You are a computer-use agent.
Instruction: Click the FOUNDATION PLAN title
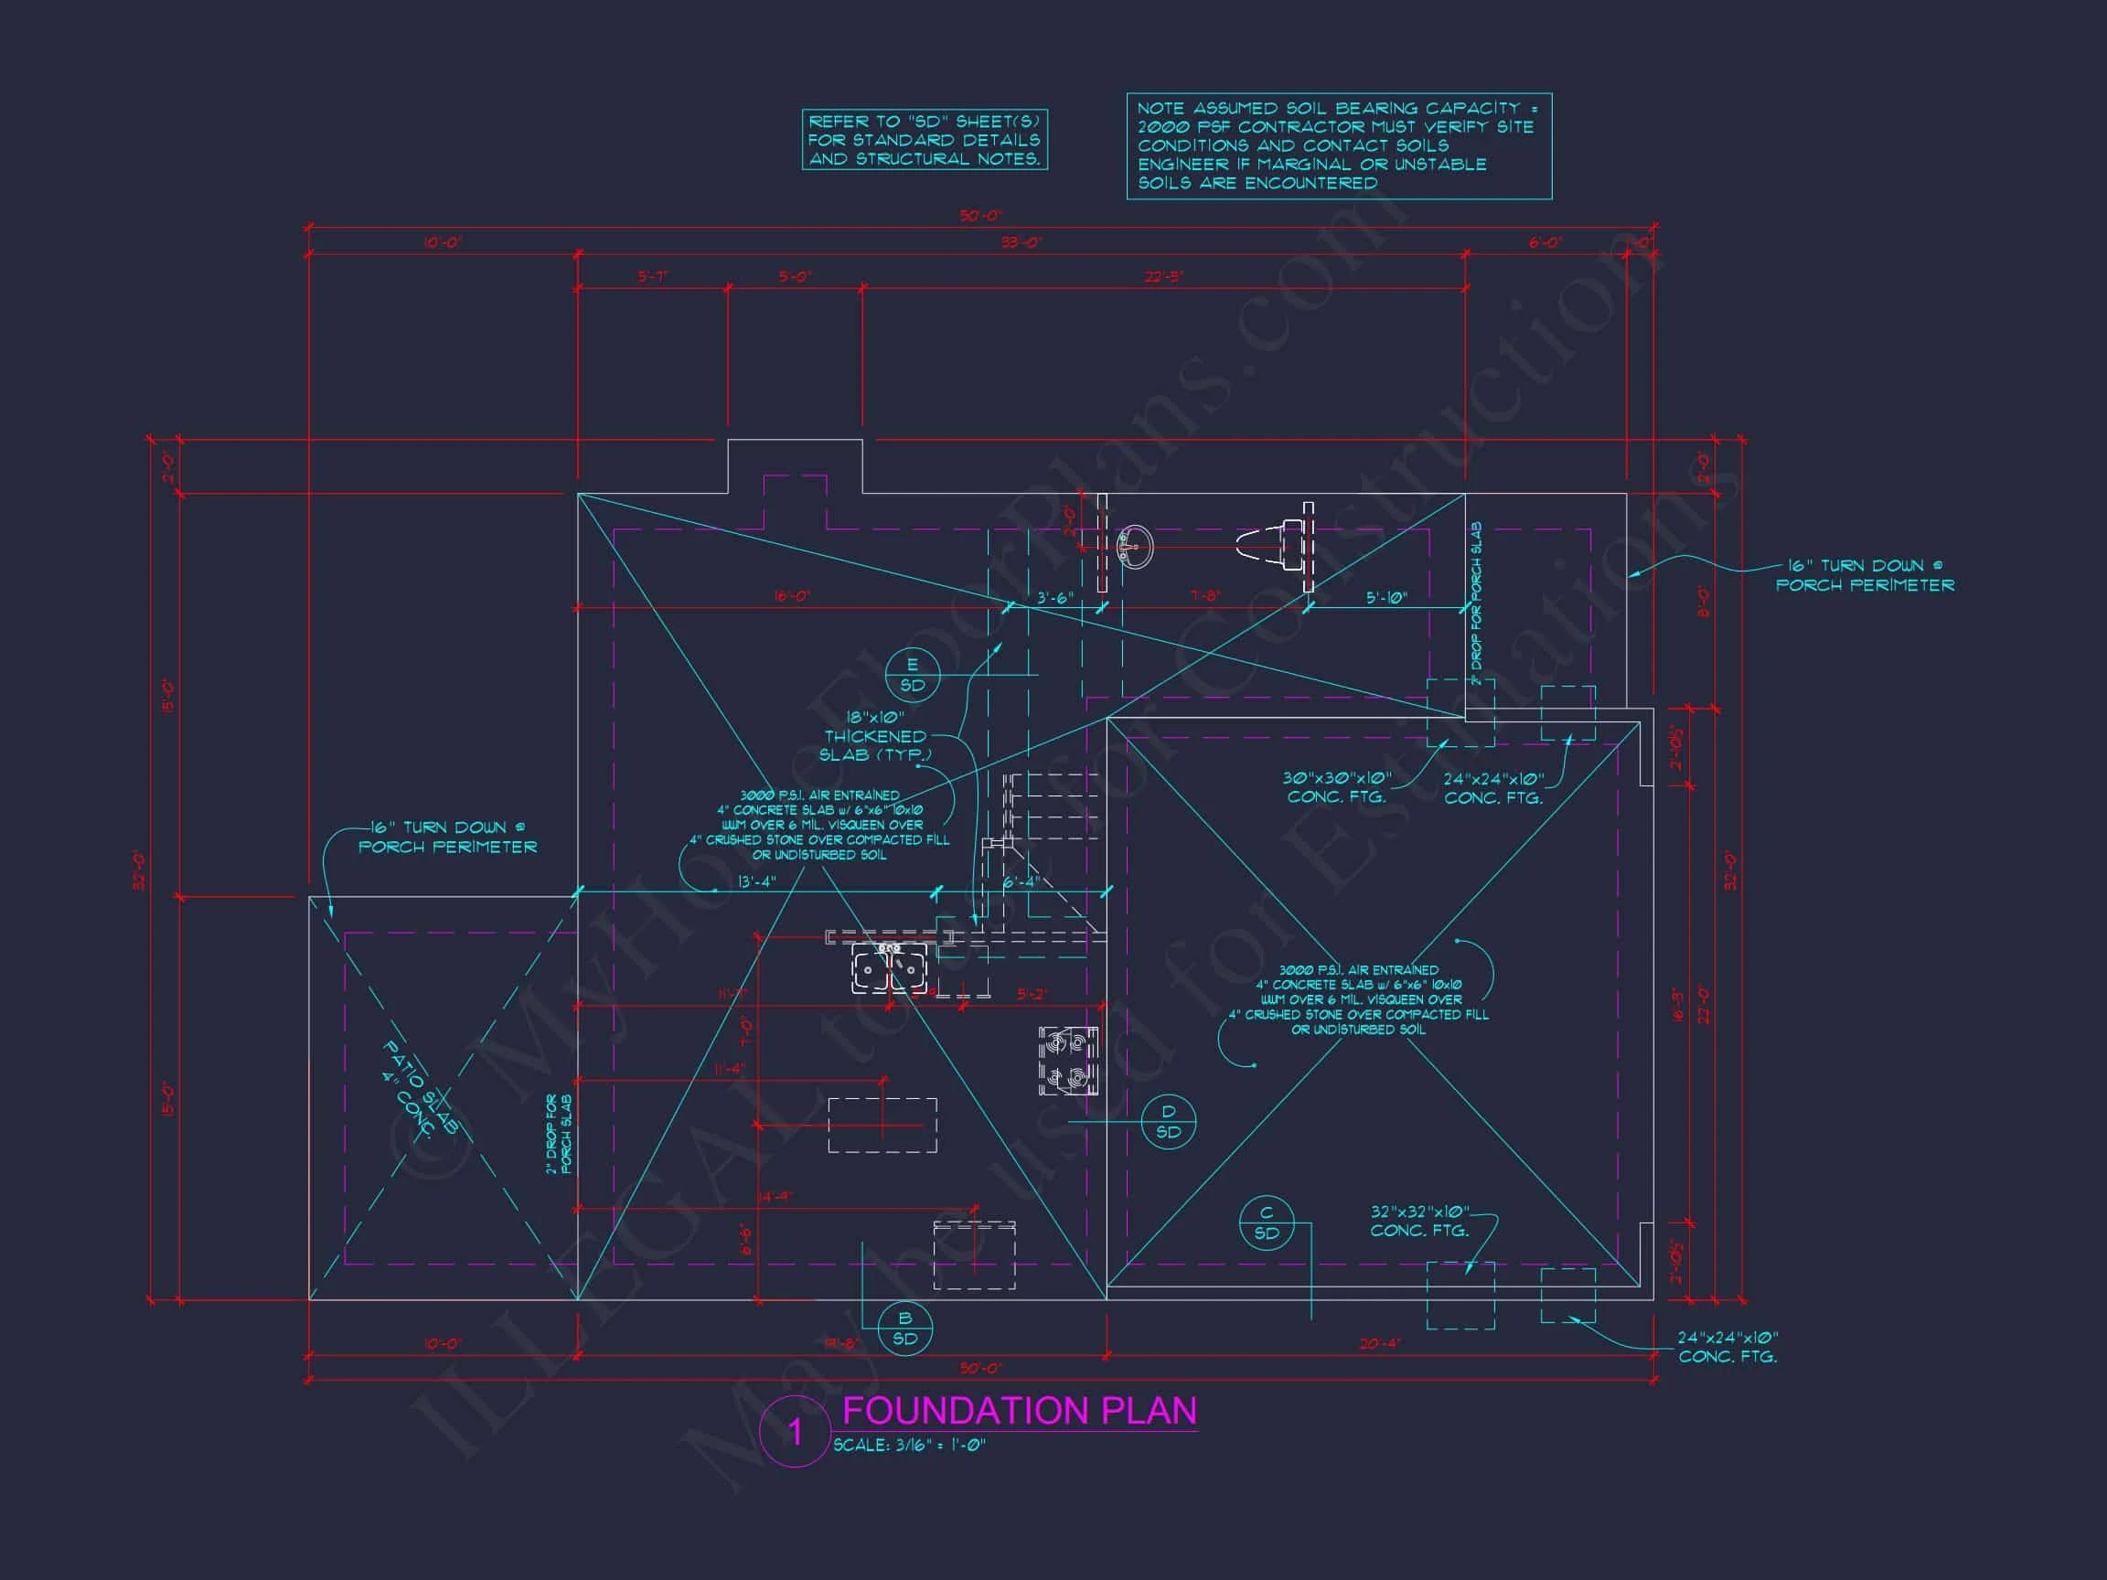coord(1020,1411)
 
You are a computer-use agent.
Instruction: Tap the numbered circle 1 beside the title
coord(796,1432)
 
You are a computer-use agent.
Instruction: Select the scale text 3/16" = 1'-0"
coord(909,1446)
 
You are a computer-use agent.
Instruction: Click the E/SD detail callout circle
coord(912,675)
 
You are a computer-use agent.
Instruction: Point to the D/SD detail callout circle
coord(1168,1122)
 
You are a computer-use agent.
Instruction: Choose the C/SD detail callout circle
coord(1266,1222)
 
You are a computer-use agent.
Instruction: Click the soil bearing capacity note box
coord(1338,145)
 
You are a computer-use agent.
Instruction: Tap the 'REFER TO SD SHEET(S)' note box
coord(924,140)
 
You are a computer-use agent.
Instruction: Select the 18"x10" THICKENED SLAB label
coord(875,736)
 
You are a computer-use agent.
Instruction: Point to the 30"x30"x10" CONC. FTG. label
coord(1336,786)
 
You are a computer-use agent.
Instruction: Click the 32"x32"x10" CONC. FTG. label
coord(1419,1221)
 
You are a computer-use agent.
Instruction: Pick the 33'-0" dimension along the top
coord(1021,243)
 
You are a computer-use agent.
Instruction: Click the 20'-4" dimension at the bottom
coord(1378,1344)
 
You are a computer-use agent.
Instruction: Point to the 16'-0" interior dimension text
coord(792,596)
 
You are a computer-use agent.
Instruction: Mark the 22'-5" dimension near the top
coord(1163,277)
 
